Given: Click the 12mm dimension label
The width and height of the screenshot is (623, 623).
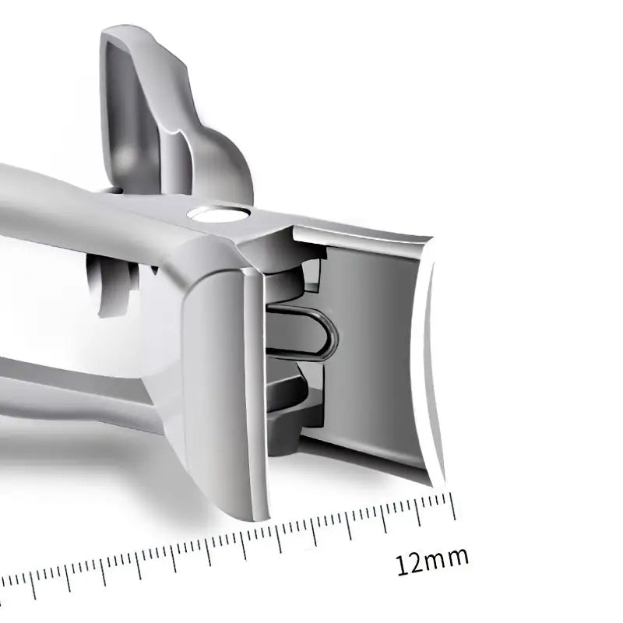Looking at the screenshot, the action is coord(432,561).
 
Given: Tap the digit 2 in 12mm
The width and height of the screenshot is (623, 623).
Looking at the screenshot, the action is coord(415,564).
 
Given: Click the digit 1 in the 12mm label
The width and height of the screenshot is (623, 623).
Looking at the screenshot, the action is coord(401,566).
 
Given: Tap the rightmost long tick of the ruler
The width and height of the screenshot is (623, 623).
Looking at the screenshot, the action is coord(452,505).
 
